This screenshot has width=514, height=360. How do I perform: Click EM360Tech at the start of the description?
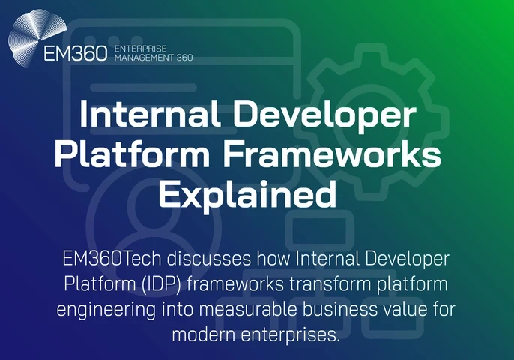click(x=107, y=259)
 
